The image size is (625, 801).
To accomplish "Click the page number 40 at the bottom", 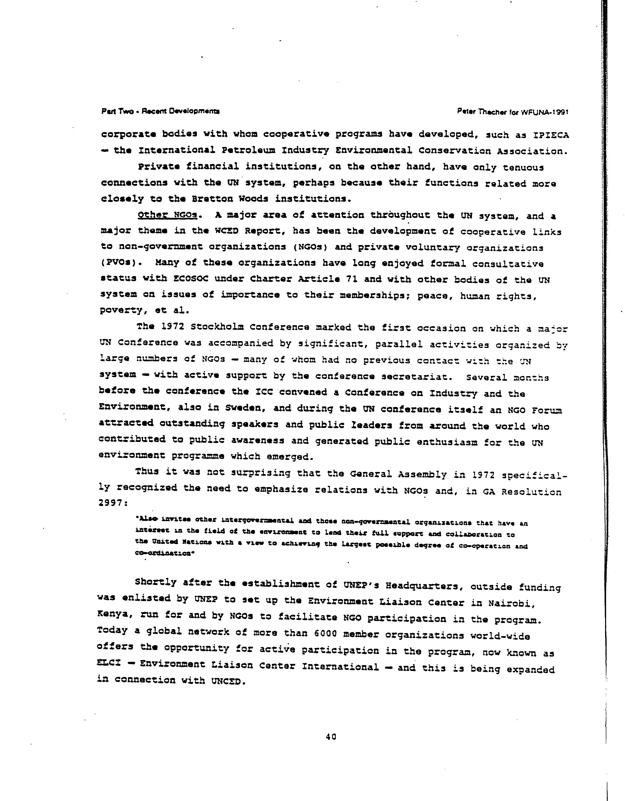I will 331,736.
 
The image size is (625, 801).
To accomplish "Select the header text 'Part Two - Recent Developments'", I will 160,111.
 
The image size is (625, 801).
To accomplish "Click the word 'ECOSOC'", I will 190,278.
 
